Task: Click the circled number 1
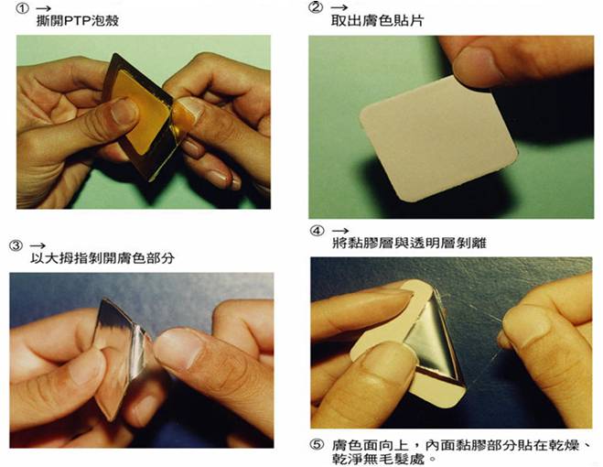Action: click(x=22, y=8)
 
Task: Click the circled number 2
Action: click(x=316, y=7)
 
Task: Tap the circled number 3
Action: click(x=16, y=245)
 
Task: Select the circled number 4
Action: click(x=317, y=231)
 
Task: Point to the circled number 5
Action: click(x=317, y=445)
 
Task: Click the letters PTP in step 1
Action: click(x=77, y=20)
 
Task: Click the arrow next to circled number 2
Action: click(x=339, y=7)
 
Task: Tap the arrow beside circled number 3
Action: click(x=38, y=245)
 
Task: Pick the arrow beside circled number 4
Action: click(x=340, y=231)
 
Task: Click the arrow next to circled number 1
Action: click(x=43, y=8)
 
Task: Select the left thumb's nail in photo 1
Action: click(x=124, y=111)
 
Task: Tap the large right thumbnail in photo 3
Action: click(x=178, y=349)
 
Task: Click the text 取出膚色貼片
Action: click(x=377, y=20)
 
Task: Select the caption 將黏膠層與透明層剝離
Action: click(x=409, y=244)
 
